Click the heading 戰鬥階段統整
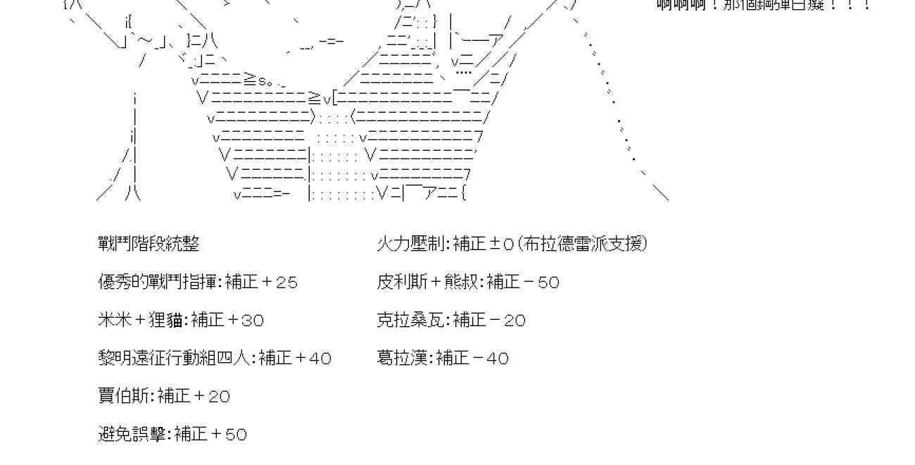click(x=149, y=244)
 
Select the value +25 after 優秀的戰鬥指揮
click(x=279, y=283)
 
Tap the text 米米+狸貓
click(x=141, y=321)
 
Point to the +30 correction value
click(x=245, y=321)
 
